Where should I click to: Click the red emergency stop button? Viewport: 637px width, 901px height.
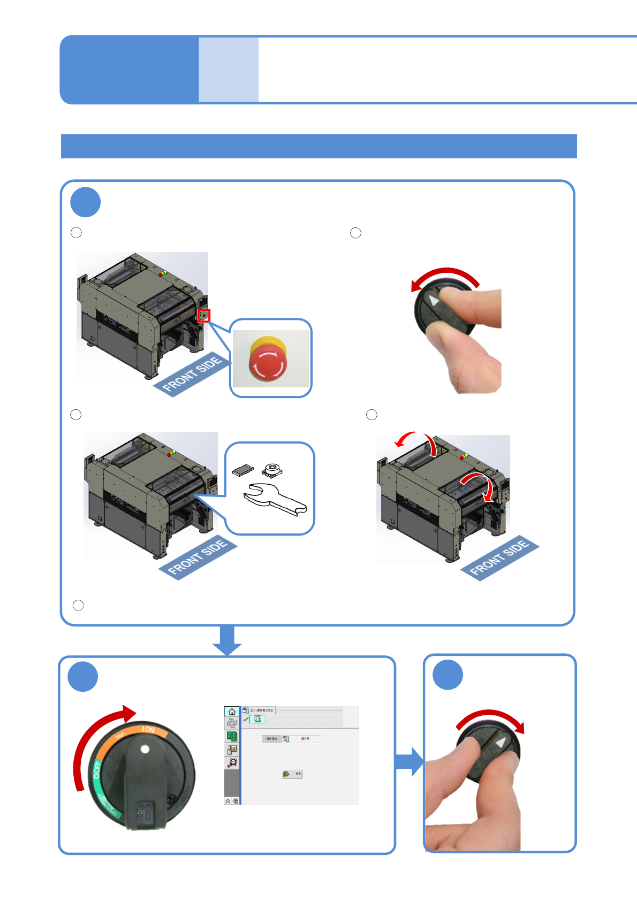(x=268, y=361)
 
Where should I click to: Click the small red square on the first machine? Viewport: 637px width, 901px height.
(x=203, y=316)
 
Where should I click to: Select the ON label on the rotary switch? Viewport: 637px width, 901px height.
(x=148, y=730)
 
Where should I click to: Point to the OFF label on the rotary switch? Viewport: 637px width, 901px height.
(x=97, y=769)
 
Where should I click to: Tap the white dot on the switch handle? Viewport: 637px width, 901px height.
(x=145, y=749)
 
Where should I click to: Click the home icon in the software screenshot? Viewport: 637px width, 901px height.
(x=232, y=712)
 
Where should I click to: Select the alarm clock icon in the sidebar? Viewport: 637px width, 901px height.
(x=232, y=762)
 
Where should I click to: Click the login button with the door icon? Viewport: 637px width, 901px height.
(x=292, y=774)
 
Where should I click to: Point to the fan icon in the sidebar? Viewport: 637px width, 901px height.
(x=232, y=723)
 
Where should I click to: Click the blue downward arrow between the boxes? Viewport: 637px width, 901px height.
(x=227, y=640)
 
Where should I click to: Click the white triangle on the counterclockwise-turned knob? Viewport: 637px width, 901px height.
(x=435, y=301)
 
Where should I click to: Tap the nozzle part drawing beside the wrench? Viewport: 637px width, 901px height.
(x=272, y=469)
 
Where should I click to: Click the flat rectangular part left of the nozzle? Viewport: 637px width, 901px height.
(x=242, y=470)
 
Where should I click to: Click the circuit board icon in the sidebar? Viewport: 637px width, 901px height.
(x=232, y=736)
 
